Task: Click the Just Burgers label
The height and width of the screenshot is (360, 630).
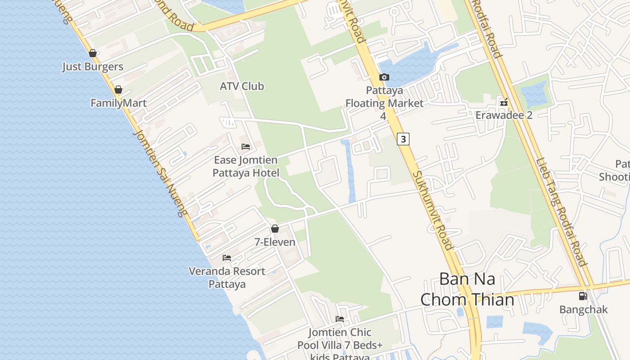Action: pos(93,67)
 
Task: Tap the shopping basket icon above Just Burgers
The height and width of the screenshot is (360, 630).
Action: pos(93,53)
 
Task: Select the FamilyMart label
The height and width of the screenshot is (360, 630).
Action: pos(118,103)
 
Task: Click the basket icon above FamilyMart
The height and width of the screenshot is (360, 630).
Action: pos(118,90)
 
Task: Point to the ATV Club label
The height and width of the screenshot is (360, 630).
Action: pos(242,86)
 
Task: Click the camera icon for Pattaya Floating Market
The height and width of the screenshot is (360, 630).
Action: pos(384,77)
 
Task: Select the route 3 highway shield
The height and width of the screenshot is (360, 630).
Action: pos(403,139)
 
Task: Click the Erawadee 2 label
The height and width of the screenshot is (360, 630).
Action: pos(504,115)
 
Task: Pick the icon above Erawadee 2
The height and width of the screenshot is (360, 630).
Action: pos(504,102)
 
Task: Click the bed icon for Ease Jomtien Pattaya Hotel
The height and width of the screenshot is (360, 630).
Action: pos(246,147)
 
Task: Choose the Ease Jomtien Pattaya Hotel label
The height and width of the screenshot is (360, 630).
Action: pos(246,166)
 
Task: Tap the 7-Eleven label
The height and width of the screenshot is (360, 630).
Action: pos(275,242)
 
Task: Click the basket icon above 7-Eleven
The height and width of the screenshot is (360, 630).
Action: pos(275,229)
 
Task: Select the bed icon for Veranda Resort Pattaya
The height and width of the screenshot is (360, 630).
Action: pos(227,258)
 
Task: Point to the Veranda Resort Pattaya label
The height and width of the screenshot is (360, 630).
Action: pos(227,278)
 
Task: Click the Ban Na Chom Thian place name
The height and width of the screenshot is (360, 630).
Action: pos(467,289)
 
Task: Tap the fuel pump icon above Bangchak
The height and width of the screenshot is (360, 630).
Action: pos(583,296)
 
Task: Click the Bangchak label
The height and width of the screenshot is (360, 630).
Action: pos(583,310)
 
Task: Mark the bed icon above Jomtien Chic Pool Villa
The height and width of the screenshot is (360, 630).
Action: pos(340,319)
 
